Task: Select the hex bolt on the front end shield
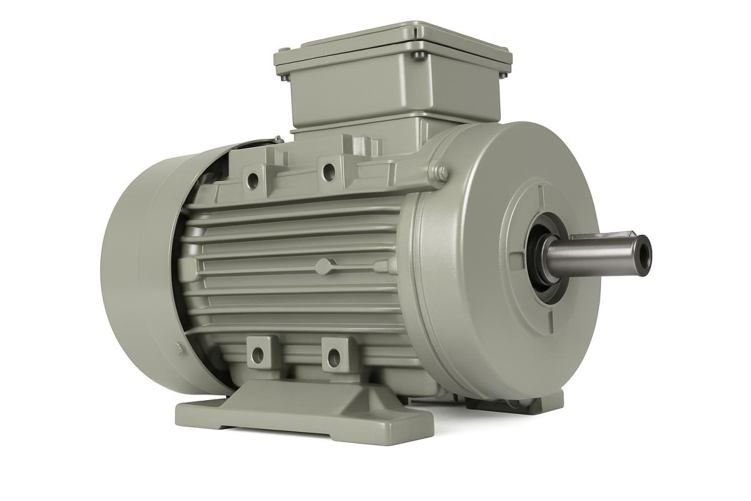tap(442, 171)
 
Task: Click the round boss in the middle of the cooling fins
tap(323, 266)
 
